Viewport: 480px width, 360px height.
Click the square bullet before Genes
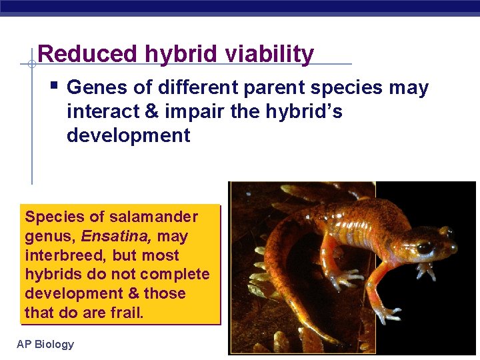[x=54, y=86]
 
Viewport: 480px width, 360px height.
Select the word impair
[x=195, y=112]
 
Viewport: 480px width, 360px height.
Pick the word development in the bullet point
[x=128, y=136]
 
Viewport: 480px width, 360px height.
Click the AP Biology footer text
[x=45, y=344]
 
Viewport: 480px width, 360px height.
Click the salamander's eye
[x=424, y=247]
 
